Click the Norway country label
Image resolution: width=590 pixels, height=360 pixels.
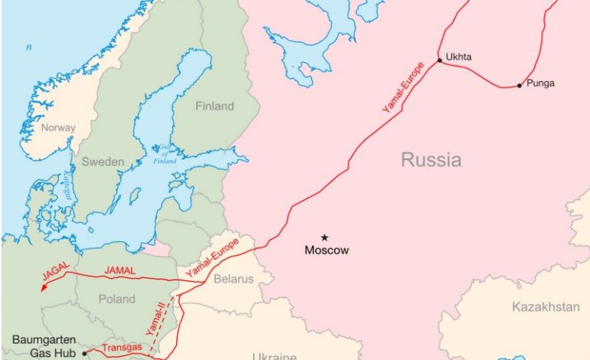pos(58,128)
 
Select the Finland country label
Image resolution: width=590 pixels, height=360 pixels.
pos(214,106)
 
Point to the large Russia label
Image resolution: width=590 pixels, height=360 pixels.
pos(431,160)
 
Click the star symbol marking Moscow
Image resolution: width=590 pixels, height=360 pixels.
pos(324,237)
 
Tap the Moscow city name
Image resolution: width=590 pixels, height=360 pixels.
pos(326,250)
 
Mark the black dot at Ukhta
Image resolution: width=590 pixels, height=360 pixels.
pos(439,60)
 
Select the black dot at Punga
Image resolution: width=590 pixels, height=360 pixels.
pos(520,85)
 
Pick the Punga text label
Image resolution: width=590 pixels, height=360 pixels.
pos(541,83)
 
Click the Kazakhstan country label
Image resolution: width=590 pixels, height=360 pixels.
pos(545,307)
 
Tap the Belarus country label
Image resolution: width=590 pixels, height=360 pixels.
pos(233,280)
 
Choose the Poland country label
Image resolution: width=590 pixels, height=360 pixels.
pos(118,299)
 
